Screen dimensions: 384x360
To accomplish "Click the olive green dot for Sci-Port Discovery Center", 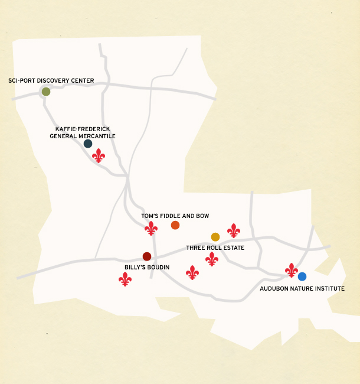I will (46, 92).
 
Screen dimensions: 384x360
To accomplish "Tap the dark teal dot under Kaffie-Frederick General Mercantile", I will (88, 144).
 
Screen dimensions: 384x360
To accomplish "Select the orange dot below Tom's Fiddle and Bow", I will (175, 225).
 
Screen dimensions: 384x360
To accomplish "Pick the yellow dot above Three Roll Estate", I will (215, 237).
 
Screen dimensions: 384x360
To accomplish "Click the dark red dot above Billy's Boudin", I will (147, 256).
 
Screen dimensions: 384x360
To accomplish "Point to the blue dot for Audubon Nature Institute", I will (302, 276).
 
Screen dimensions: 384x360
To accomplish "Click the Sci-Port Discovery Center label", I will (51, 81).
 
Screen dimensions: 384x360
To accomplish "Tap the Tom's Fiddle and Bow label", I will (175, 216).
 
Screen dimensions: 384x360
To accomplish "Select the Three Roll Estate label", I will (215, 248).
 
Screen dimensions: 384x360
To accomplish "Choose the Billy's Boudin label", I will (147, 267).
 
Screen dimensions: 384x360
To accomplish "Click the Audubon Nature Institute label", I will (302, 289).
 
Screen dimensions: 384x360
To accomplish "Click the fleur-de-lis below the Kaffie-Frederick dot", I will (99, 156).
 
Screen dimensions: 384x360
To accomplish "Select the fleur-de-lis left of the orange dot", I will (152, 228).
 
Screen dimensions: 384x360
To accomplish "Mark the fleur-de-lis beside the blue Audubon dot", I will (292, 270).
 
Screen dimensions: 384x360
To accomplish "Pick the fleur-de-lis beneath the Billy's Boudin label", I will (125, 279).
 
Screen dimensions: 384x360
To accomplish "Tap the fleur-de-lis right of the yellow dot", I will (234, 230).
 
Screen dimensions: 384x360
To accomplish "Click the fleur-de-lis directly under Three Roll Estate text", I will (212, 259).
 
